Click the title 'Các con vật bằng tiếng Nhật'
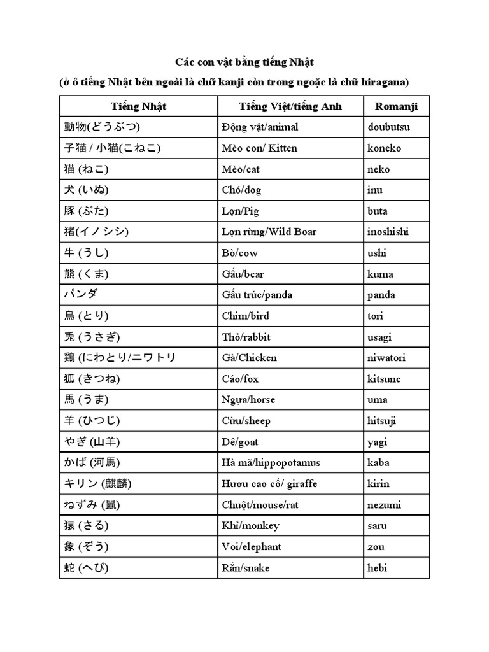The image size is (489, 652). point(244,62)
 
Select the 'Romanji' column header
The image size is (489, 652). point(396,106)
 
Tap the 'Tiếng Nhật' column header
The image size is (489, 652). point(138,106)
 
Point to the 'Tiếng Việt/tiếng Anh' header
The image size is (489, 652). point(290,106)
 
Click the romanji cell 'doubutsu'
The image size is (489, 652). point(389,127)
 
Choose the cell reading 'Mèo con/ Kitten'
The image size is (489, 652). point(259,148)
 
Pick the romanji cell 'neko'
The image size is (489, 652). point(379,169)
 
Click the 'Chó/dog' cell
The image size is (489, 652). point(241,190)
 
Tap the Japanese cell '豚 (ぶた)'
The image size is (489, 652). point(87,211)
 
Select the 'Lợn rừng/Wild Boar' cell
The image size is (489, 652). point(269,232)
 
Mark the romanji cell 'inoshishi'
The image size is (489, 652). point(388,232)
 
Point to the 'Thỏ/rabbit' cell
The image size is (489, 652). point(244,337)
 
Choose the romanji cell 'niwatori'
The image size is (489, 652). point(386,358)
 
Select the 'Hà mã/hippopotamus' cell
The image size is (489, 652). point(271,463)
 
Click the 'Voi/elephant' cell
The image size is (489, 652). point(252,547)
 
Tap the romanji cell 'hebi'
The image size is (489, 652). point(378,568)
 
